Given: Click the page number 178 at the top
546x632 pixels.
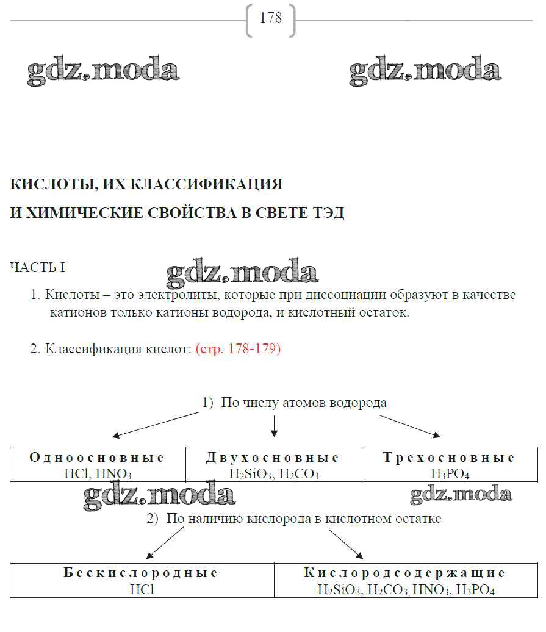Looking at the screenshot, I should click(271, 18).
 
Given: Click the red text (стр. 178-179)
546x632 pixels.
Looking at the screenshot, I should click(238, 350).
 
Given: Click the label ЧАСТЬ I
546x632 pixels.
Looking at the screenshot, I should click(38, 268).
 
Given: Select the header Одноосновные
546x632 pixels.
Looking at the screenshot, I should click(97, 458).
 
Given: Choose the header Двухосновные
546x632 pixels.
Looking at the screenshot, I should click(273, 458).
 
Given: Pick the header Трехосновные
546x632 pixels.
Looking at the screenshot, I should click(449, 458).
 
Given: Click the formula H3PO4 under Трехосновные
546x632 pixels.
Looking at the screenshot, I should click(449, 473).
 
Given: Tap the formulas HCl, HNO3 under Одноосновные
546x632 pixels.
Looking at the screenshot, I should click(98, 473).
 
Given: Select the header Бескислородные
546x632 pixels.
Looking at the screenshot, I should click(141, 573).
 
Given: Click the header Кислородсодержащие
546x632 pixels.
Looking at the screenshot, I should click(405, 573).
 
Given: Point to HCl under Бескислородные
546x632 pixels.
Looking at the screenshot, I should click(142, 589).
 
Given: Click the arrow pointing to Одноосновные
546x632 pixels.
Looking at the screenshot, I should click(156, 425).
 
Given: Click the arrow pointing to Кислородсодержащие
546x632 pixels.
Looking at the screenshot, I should click(346, 544).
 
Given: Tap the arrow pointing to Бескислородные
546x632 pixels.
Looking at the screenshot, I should click(165, 543).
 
